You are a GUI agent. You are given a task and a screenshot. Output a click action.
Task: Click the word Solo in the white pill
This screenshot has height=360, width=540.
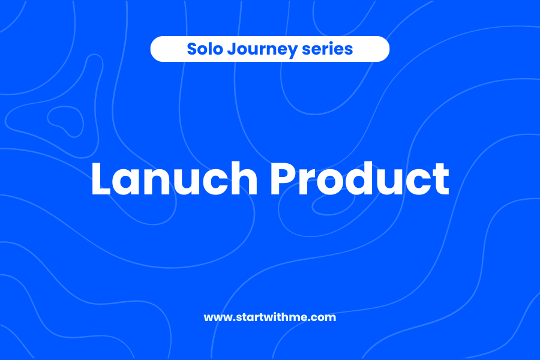click(x=201, y=49)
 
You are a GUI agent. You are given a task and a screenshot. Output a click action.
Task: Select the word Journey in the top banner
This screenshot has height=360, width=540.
click(x=257, y=49)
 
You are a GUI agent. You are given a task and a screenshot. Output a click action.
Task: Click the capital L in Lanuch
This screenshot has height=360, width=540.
click(x=103, y=178)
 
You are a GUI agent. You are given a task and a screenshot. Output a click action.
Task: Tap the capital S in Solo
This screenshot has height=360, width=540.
click(x=191, y=49)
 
